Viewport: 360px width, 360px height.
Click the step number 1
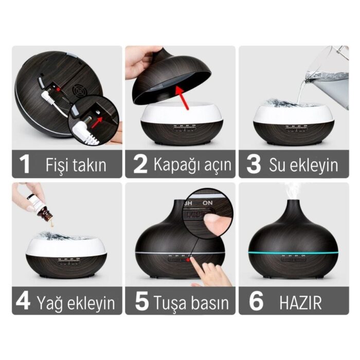[x=24, y=164]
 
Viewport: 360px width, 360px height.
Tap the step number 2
[x=140, y=164]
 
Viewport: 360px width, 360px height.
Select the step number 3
[x=254, y=164]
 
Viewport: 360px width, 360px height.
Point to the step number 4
[x=23, y=301]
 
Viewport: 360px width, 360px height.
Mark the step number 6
[x=256, y=301]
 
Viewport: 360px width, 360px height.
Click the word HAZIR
[x=301, y=302]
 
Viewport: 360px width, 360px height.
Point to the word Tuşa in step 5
[x=172, y=302]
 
